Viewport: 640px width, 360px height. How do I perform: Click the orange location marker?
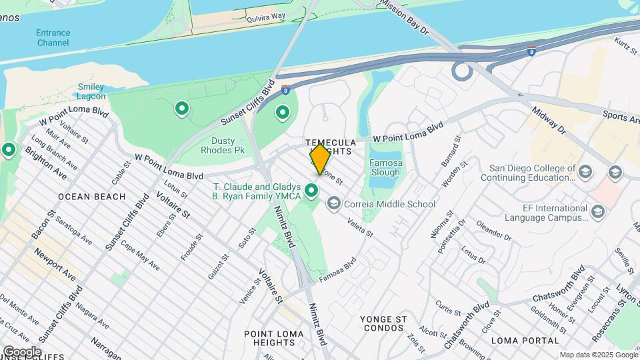[x=320, y=158]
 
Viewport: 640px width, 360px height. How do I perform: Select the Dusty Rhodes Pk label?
[x=223, y=145]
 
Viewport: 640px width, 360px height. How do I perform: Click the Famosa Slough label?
[x=385, y=167]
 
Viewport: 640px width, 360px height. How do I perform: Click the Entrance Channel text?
[x=53, y=38]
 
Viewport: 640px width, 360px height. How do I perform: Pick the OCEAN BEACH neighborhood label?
[x=91, y=197]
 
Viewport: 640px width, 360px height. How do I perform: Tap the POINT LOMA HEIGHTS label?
[x=269, y=337]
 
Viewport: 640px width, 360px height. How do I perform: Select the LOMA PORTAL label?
[x=524, y=340]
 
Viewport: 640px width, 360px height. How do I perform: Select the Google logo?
[x=22, y=352]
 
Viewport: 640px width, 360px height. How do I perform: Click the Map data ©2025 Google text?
[x=597, y=355]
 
